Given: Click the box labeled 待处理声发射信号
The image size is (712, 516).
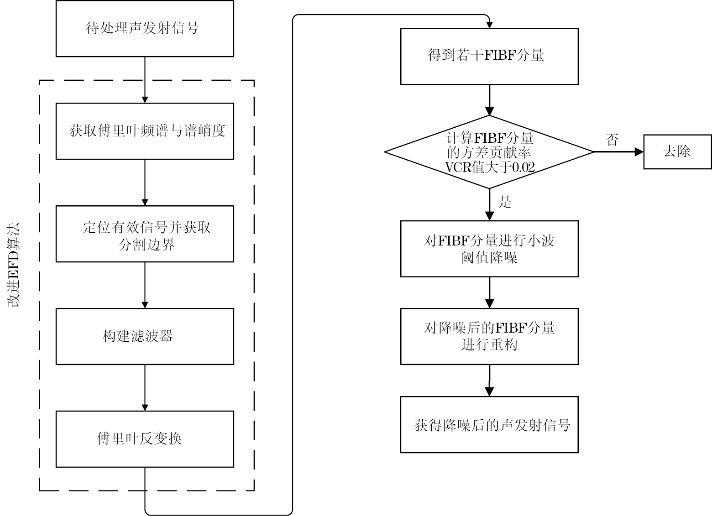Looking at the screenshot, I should point(145,28).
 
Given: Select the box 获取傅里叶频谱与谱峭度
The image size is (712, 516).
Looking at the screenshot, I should point(145,131).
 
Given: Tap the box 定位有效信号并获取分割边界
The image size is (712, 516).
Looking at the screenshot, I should point(145,234).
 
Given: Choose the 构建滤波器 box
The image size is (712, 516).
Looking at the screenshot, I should point(145,336).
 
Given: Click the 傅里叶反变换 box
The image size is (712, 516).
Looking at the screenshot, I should point(145,439).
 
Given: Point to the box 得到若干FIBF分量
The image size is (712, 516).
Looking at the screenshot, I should point(489,56).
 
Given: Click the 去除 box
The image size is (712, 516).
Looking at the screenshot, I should point(677,151).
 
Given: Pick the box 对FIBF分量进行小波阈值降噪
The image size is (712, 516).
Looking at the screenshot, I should point(489,249).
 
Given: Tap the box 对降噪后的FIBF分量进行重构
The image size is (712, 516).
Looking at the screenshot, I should point(489,336).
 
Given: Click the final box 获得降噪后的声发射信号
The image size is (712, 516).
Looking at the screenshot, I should point(489,424).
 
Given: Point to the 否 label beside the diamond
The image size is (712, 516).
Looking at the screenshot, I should point(612,140).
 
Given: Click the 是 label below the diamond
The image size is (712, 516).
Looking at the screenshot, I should point(505,202).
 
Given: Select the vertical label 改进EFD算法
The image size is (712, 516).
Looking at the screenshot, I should point(15,265).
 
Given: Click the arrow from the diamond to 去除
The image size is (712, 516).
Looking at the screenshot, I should point(618,152).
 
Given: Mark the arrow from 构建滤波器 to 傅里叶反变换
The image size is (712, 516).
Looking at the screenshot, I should point(145,387).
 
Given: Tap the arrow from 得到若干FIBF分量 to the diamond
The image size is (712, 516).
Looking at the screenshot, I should point(489,100).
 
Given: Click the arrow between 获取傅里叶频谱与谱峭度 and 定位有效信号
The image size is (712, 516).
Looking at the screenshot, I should point(145,182).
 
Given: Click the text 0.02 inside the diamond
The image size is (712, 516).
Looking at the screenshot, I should point(523,167).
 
